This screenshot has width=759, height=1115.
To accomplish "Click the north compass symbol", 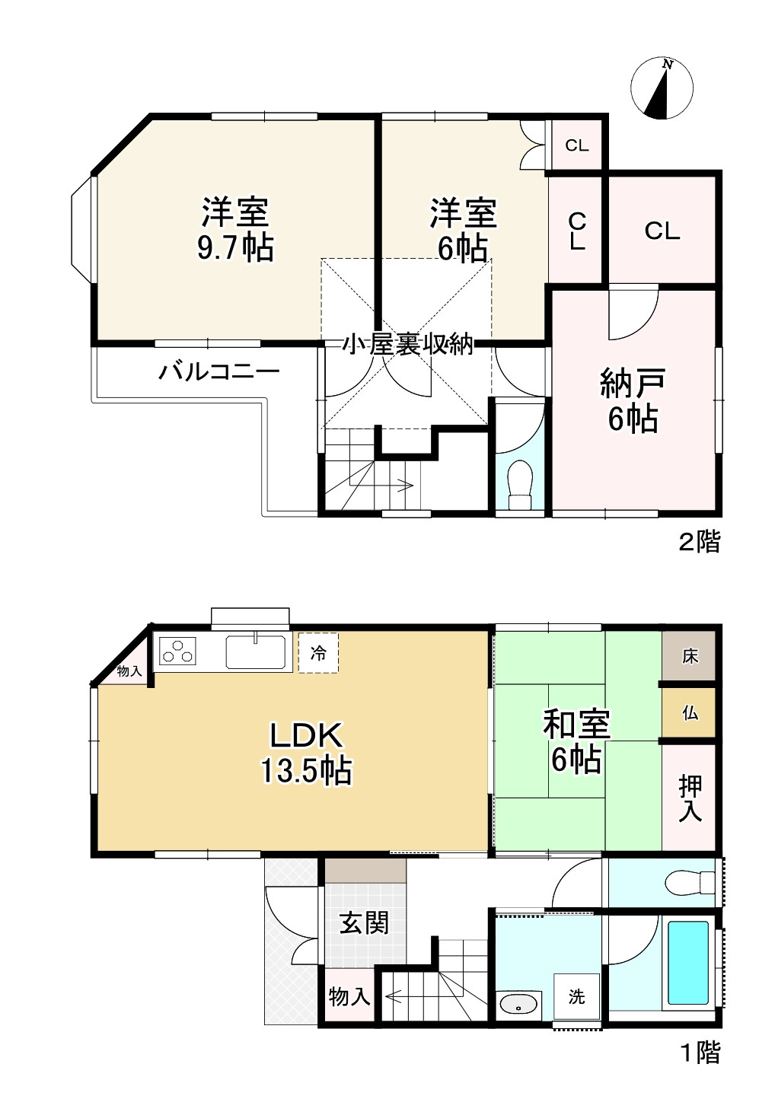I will tap(662, 89).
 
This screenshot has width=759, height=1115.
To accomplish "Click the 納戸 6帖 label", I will tap(633, 400).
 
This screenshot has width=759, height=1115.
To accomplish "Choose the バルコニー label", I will tap(219, 372).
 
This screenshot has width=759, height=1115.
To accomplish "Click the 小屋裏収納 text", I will tap(407, 345).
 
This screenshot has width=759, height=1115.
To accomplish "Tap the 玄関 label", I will tap(364, 923).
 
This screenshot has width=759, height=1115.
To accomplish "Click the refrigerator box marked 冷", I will tap(318, 653).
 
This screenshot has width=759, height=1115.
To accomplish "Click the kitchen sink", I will tap(256, 651).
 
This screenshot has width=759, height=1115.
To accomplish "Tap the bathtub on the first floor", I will tap(688, 962).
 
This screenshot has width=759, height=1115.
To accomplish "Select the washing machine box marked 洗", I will tap(576, 996).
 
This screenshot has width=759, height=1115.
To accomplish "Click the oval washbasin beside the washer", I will tap(519, 1005).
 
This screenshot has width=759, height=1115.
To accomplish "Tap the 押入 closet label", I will tap(690, 798).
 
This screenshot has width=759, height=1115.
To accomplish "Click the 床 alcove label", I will tap(690, 656).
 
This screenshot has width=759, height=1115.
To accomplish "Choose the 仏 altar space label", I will tap(690, 713).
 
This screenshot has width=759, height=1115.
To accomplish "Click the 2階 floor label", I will tap(698, 542).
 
